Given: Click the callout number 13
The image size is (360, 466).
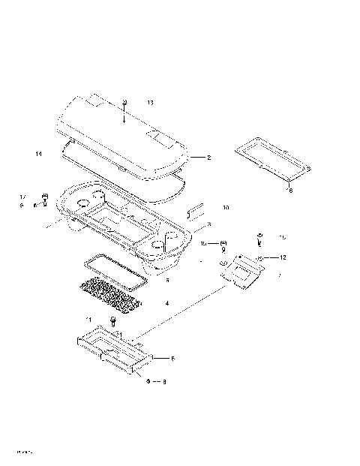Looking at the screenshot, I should tap(150, 101).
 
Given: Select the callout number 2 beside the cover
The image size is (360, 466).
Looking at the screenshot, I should tap(209, 158).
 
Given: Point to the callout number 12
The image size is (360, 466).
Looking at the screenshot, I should tap(283, 257).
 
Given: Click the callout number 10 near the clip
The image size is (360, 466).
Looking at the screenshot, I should tap(226, 207).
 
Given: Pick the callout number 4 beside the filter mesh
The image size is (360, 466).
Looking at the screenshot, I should tap(167, 303).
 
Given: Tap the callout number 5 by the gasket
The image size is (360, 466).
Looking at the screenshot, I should tap(167, 280).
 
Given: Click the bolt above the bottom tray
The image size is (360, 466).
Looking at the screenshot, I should tap(112, 321).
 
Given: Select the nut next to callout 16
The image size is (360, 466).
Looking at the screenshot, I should tap(223, 244).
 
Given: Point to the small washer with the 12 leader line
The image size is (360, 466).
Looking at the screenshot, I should tap(259, 257).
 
